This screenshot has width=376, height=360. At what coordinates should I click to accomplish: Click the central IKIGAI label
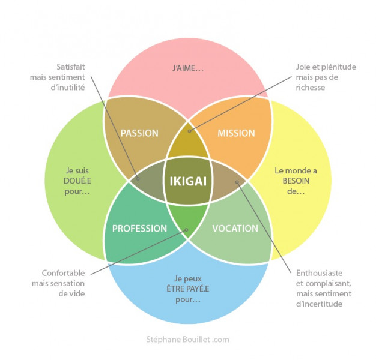[188, 180]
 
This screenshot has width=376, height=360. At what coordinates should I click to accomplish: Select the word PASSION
[139, 133]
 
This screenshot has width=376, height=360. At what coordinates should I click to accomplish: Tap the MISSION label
[236, 133]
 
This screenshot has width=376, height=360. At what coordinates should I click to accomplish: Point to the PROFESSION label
[139, 229]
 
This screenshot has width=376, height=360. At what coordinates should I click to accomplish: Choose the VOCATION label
[235, 229]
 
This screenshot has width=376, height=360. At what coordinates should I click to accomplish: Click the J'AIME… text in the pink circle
[188, 69]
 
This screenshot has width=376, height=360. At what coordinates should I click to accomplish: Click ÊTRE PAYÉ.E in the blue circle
[188, 288]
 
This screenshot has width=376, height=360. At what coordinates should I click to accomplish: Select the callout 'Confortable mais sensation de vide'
[64, 283]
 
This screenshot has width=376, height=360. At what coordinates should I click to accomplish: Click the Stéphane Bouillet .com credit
[188, 340]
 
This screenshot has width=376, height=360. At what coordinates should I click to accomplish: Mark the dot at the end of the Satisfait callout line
[138, 178]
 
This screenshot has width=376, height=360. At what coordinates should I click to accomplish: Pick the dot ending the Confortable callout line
[187, 229]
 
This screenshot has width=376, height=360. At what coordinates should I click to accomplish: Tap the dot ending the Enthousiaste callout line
[237, 181]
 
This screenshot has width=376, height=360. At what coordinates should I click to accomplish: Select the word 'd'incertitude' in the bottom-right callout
[320, 304]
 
